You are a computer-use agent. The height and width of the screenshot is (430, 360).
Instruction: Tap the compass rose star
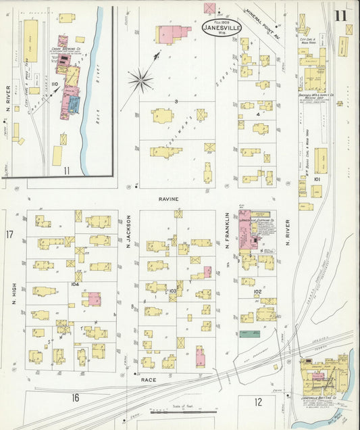click(141, 81)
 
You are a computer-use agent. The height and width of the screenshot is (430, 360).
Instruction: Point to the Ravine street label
click(168, 200)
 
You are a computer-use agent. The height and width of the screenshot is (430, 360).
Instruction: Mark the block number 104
click(74, 285)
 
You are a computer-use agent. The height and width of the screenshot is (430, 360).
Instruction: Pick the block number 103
click(173, 291)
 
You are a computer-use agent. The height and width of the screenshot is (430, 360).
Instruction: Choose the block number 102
click(257, 291)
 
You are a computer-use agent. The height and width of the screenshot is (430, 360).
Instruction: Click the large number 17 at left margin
click(9, 235)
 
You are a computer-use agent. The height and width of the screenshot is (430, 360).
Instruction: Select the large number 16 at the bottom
click(76, 398)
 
